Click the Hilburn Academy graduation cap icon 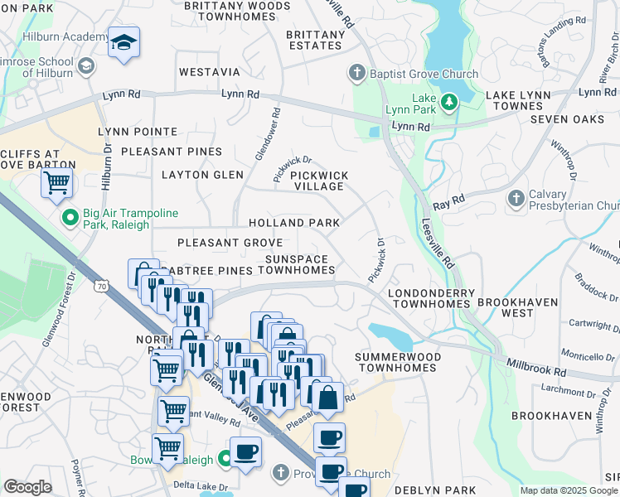pyautogui.click(x=124, y=43)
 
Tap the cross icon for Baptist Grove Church pyautogui.click(x=357, y=74)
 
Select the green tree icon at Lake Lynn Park pyautogui.click(x=449, y=102)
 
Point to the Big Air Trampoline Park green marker pyautogui.click(x=70, y=218)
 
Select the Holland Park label pyautogui.click(x=294, y=223)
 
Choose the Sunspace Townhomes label pyautogui.click(x=298, y=265)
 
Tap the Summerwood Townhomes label pyautogui.click(x=397, y=362)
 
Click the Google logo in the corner pyautogui.click(x=28, y=486)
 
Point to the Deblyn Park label pyautogui.click(x=434, y=490)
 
